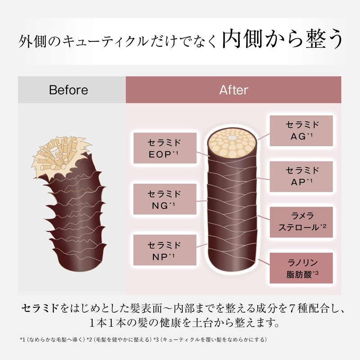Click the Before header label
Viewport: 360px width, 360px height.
pyautogui.click(x=68, y=90)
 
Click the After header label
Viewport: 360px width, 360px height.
pyautogui.click(x=234, y=90)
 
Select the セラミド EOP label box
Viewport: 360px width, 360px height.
pyautogui.click(x=165, y=148)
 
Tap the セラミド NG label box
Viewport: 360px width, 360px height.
pyautogui.click(x=165, y=199)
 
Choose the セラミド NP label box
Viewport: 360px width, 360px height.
pyautogui.click(x=165, y=250)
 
